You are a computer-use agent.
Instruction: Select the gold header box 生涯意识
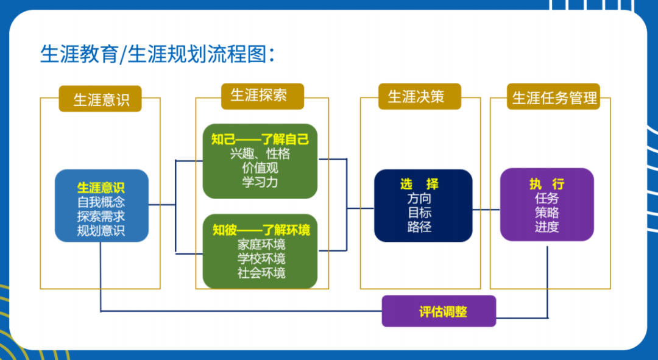(x=101, y=99)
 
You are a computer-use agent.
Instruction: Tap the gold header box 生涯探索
(x=258, y=95)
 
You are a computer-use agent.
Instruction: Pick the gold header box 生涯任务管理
(x=554, y=97)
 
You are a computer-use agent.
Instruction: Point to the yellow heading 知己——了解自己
(x=260, y=139)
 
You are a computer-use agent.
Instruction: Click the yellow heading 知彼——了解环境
(x=260, y=230)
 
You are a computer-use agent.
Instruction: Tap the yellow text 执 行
(x=547, y=183)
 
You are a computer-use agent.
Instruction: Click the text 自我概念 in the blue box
(x=101, y=202)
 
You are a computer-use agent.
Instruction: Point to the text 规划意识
(x=101, y=231)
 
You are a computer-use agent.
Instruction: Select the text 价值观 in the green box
(x=260, y=168)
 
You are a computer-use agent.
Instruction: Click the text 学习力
(x=260, y=182)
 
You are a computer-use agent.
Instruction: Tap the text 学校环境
(x=261, y=259)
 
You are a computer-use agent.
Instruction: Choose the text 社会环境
(x=261, y=273)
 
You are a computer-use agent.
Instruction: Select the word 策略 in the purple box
(x=547, y=213)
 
